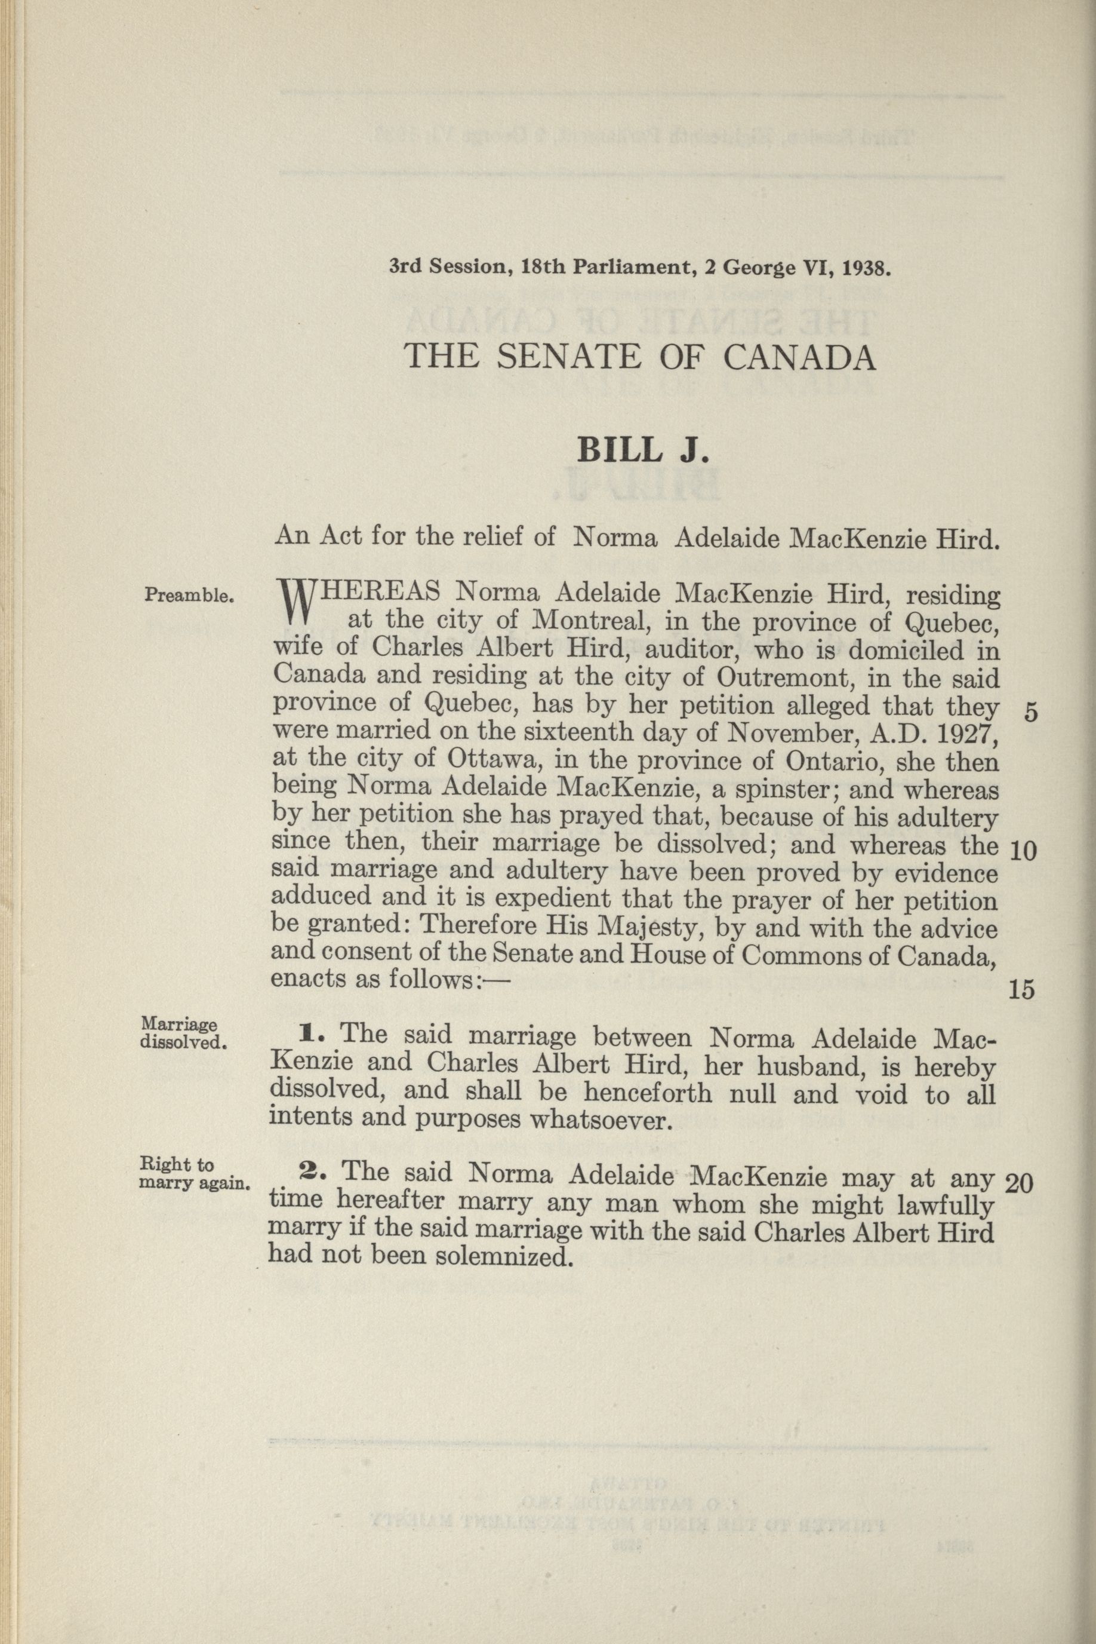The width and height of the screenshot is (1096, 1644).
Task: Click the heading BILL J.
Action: tap(643, 450)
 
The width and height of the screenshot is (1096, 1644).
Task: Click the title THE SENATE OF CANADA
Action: tap(641, 357)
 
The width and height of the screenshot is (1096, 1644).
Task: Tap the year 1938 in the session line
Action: tap(866, 268)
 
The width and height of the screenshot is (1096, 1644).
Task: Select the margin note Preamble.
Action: tap(188, 596)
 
